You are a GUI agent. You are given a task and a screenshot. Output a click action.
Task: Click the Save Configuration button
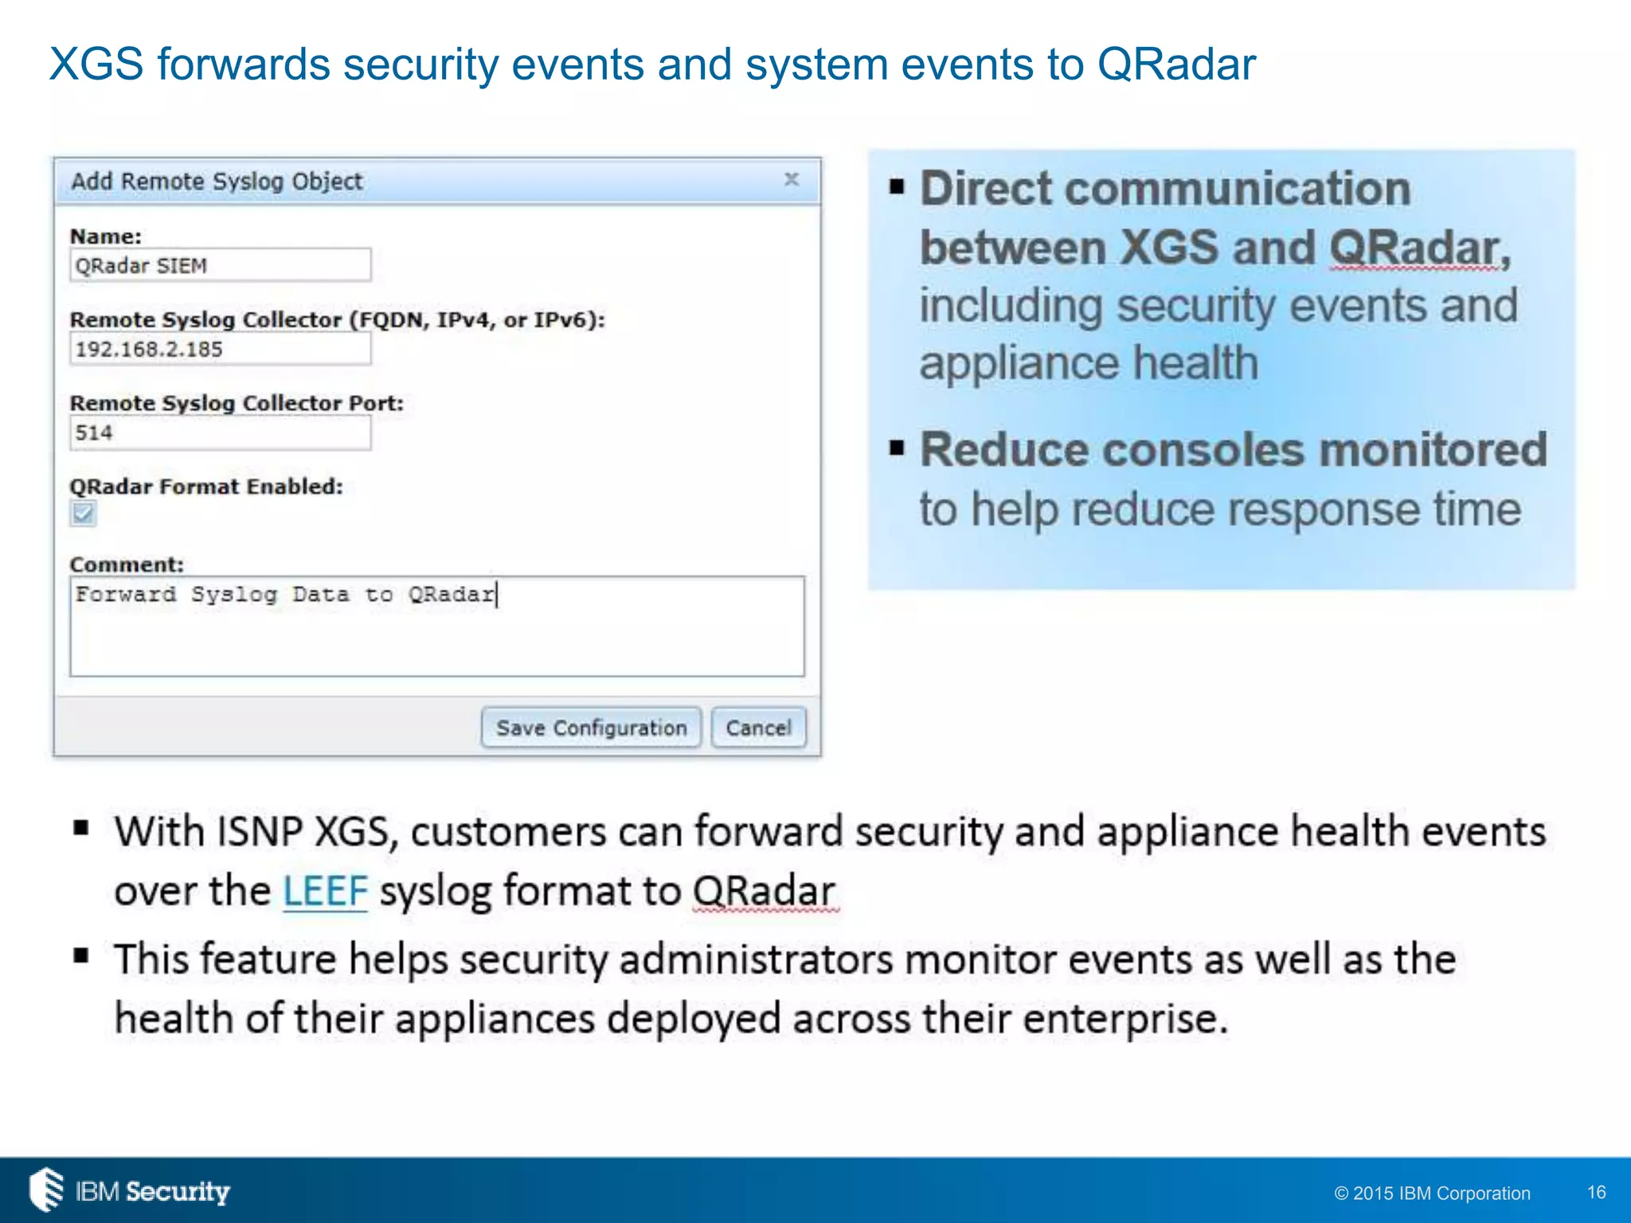coord(591,728)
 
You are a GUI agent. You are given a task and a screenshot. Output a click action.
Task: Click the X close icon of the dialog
coord(791,180)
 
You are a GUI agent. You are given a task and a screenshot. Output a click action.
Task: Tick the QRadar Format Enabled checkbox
coord(83,514)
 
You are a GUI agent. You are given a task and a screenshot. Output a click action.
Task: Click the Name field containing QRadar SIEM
coord(220,266)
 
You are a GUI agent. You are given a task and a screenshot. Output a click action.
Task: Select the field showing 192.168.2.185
coord(220,350)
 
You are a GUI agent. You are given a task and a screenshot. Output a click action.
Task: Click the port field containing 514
coord(220,433)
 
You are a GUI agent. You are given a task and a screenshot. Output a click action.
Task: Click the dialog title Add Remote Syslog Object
coord(217,182)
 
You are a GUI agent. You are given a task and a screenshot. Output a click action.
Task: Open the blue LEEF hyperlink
coord(325,891)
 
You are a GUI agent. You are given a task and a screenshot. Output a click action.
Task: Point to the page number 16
coord(1596,1192)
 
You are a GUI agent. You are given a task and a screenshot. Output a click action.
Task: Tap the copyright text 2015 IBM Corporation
coord(1432,1193)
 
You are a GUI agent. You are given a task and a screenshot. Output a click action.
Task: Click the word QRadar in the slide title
coord(1175,64)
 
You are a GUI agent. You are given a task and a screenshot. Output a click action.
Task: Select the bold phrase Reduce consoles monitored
coord(1233,450)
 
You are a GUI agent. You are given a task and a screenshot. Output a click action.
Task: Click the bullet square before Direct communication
coord(898,188)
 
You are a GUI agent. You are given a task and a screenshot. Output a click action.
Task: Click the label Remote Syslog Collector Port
coord(237,404)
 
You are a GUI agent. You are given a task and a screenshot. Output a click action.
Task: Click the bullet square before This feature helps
coord(81,956)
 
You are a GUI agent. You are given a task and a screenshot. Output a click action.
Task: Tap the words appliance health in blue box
coord(1088,364)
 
